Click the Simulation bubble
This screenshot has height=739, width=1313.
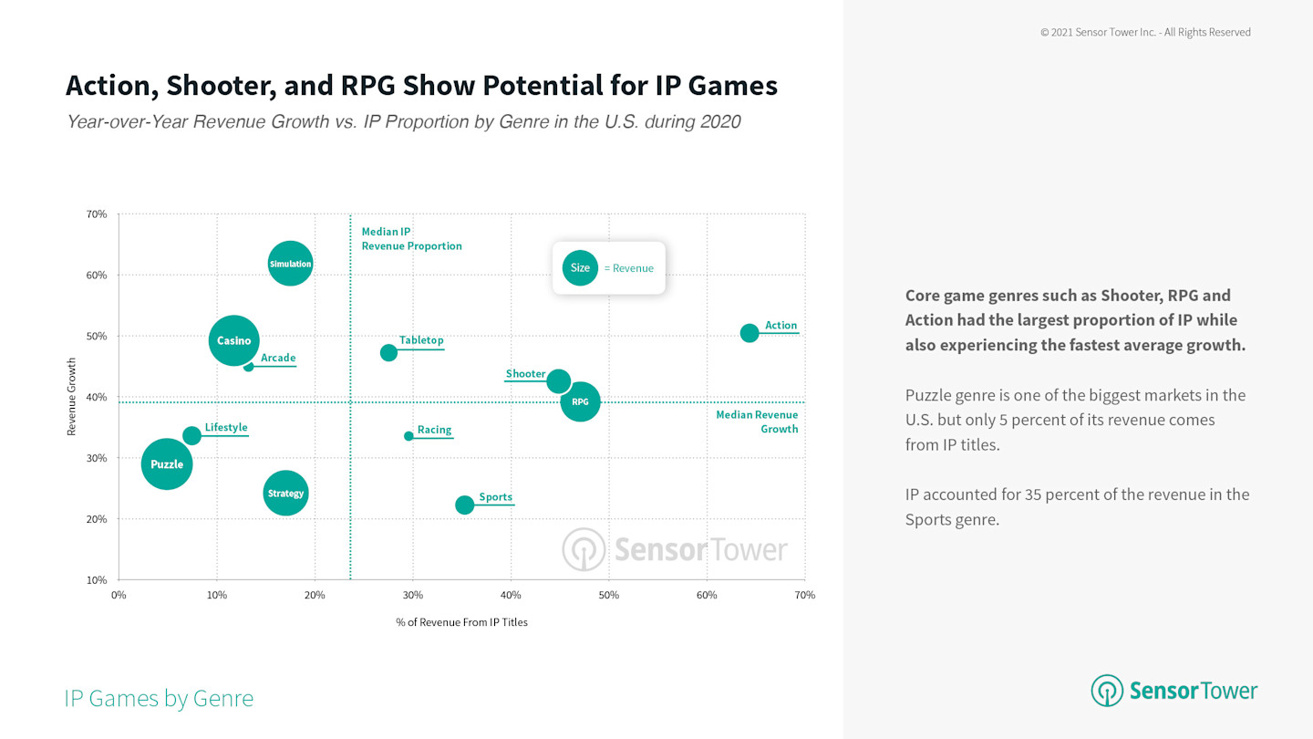[290, 264]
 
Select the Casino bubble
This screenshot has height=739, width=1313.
[233, 340]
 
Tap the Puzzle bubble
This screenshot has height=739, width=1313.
[167, 463]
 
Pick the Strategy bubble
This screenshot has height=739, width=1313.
[285, 493]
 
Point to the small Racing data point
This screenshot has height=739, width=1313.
[408, 436]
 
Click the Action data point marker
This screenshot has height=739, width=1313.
[750, 333]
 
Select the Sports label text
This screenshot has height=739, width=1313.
[495, 497]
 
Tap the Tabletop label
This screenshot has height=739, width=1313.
[421, 340]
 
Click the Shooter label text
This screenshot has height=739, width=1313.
[525, 374]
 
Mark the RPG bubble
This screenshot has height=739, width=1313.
[580, 401]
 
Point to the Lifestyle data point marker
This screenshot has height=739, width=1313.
[191, 436]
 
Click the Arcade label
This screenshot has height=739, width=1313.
[278, 358]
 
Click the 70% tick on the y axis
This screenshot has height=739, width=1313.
[97, 214]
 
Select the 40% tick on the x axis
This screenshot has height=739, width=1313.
[511, 595]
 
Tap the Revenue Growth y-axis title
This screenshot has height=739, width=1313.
[71, 396]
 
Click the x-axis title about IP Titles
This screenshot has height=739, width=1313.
[461, 622]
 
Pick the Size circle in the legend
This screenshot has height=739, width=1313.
[580, 268]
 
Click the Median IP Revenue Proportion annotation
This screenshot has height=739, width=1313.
[411, 239]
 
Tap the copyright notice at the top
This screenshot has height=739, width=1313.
[1145, 32]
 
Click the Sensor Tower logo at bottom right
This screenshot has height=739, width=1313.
[1173, 691]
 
